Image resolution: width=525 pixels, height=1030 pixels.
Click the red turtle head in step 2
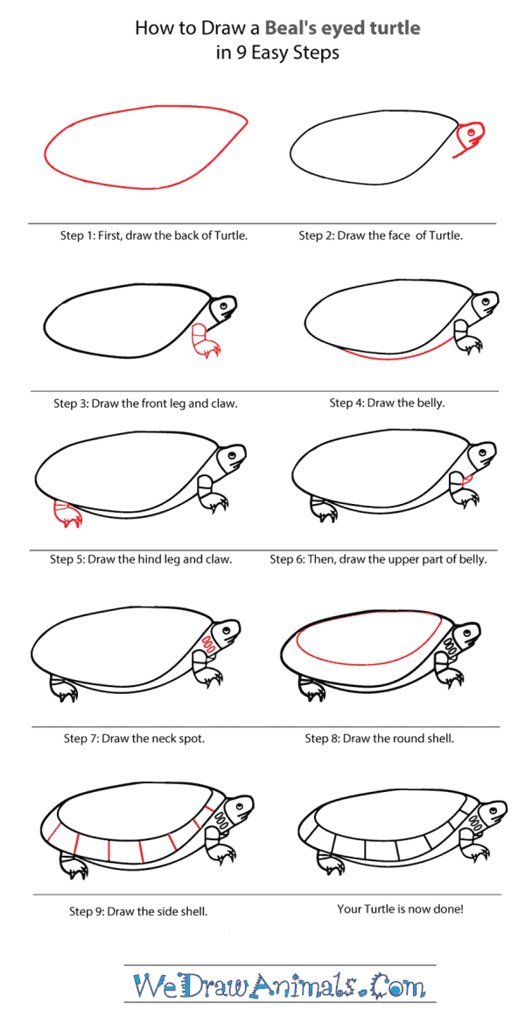click(470, 137)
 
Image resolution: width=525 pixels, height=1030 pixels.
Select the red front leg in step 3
click(205, 341)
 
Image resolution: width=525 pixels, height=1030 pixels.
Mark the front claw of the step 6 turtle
click(472, 503)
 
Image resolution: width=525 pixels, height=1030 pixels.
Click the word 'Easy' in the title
click(271, 53)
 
